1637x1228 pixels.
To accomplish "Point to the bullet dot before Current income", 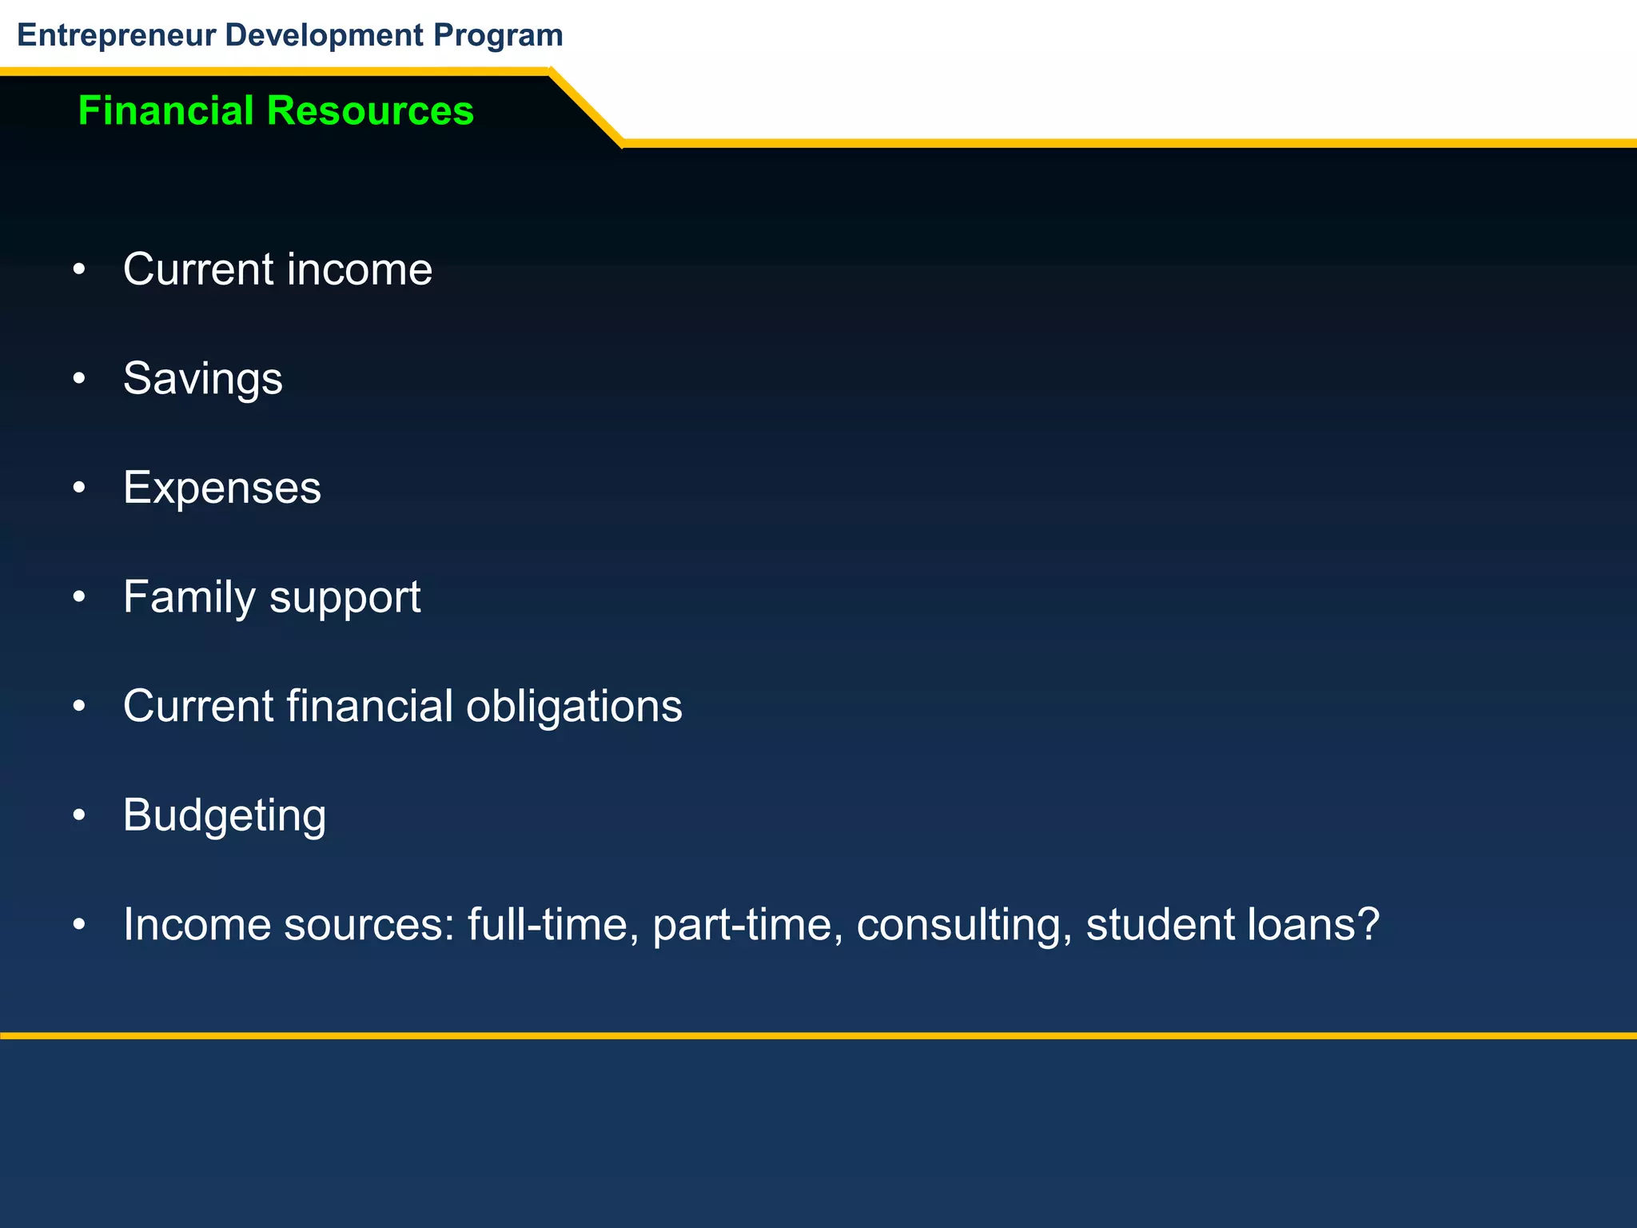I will pyautogui.click(x=78, y=270).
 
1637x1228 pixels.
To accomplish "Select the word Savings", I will pyautogui.click(x=202, y=378).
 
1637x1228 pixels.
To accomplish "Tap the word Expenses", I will pyautogui.click(x=221, y=488).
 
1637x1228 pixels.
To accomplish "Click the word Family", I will pyautogui.click(x=189, y=597).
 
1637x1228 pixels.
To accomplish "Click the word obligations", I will pyautogui.click(x=574, y=706).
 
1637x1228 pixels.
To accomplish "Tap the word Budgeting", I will pyautogui.click(x=225, y=816).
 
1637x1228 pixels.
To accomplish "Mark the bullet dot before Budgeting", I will pyautogui.click(x=78, y=815).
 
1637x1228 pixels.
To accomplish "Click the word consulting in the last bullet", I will pyautogui.click(x=964, y=925).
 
